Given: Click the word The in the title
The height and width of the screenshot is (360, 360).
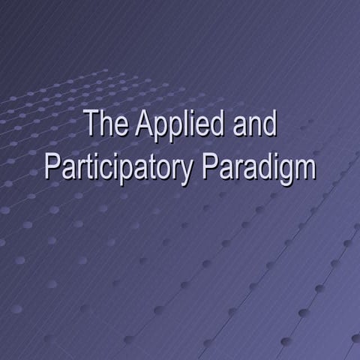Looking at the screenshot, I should (106, 124).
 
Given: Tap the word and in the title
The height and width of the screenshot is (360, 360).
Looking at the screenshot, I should (254, 124).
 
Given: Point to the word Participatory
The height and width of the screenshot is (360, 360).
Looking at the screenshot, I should (119, 168).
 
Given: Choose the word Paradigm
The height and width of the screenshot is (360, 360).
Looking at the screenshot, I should (259, 168).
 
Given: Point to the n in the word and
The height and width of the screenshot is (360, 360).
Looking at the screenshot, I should (254, 127).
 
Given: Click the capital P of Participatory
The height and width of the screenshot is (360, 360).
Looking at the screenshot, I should (52, 166).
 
